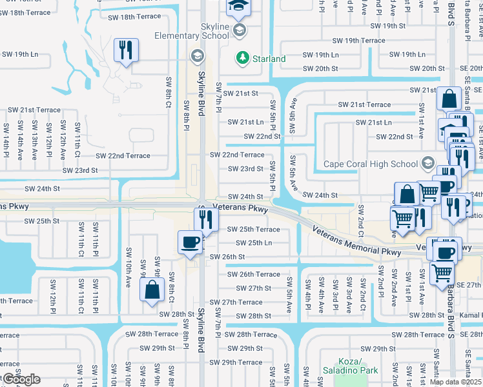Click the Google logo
(x=21, y=380)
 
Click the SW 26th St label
(x=227, y=257)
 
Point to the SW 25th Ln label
(x=253, y=243)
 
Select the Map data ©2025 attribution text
(x=455, y=382)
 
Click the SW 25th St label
(x=42, y=221)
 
